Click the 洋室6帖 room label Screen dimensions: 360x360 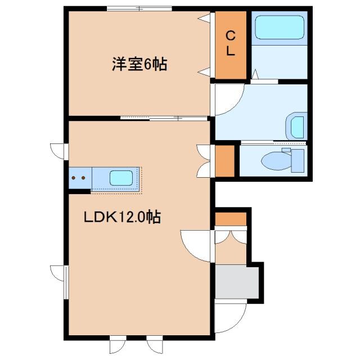pos(139,65)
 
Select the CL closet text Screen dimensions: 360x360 pos(231,43)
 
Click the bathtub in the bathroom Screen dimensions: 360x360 pos(280,27)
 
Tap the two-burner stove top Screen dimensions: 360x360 pos(79,178)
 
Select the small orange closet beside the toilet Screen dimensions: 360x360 pos(225,161)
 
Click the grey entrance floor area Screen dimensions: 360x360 pos(237,283)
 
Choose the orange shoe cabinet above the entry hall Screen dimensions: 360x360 pos(231,219)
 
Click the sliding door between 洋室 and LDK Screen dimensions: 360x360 pos(166,118)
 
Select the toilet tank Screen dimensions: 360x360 pos(297,160)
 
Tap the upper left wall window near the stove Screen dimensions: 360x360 pos(65,151)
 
